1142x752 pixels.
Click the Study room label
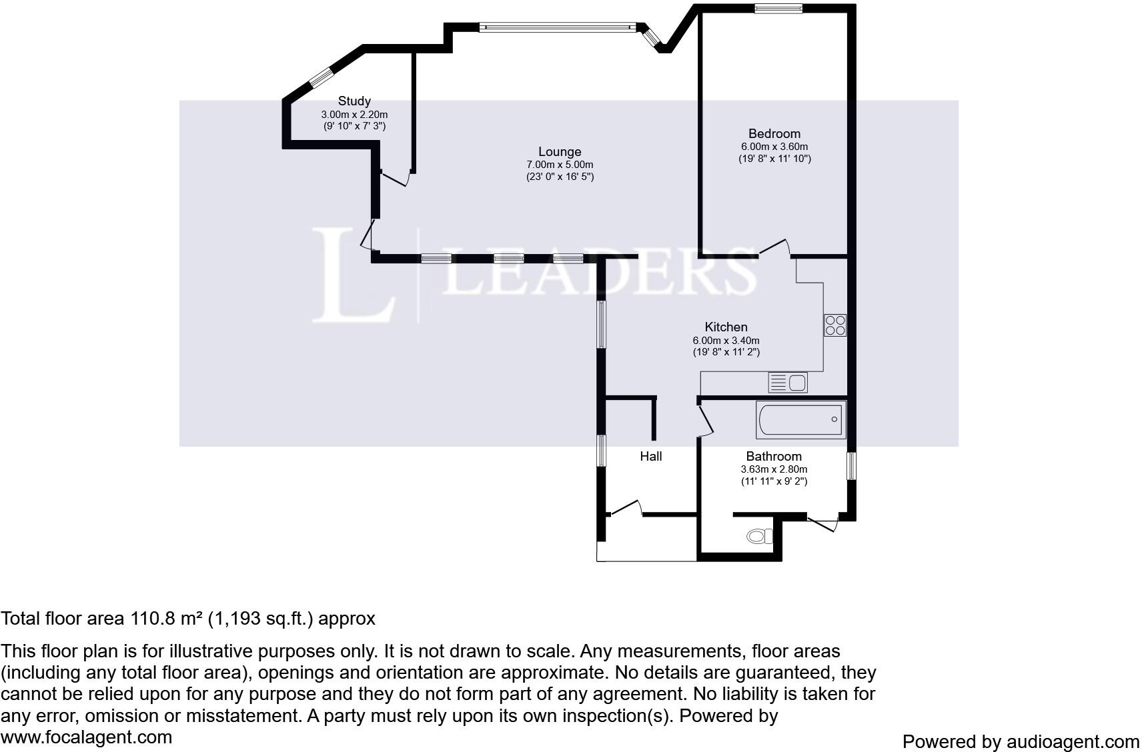354,101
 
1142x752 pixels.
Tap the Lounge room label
560,152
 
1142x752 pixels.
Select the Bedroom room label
774,133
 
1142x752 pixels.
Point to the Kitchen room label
726,327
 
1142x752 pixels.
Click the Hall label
651,457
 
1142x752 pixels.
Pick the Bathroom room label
773,457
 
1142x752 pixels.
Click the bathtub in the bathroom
800,420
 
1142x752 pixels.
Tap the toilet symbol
760,536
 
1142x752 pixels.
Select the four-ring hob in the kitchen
835,325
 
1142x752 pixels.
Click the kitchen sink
788,383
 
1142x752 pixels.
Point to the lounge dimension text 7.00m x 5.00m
560,165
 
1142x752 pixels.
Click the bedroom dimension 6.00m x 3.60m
774,147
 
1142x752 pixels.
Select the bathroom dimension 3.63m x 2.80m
774,469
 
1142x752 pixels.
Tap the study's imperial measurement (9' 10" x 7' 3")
354,126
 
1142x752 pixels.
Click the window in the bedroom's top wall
778,8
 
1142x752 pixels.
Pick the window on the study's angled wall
322,77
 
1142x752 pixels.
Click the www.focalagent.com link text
86,737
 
